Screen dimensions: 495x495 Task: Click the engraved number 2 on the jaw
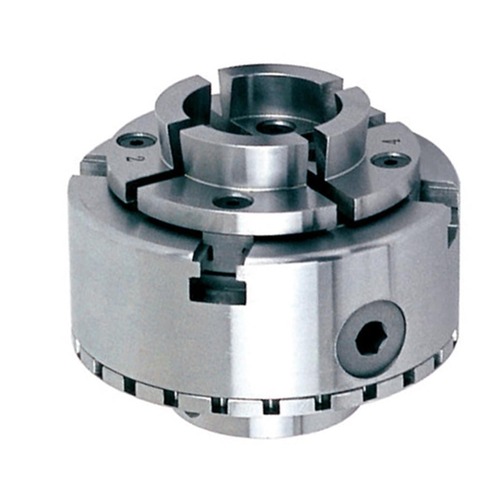click(130, 158)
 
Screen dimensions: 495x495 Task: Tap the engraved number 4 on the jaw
click(387, 142)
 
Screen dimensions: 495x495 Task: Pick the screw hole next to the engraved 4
click(391, 160)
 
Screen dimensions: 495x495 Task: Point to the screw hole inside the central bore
click(276, 127)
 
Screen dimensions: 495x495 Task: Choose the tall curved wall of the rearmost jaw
click(280, 92)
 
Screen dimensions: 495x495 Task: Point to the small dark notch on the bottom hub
click(192, 414)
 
